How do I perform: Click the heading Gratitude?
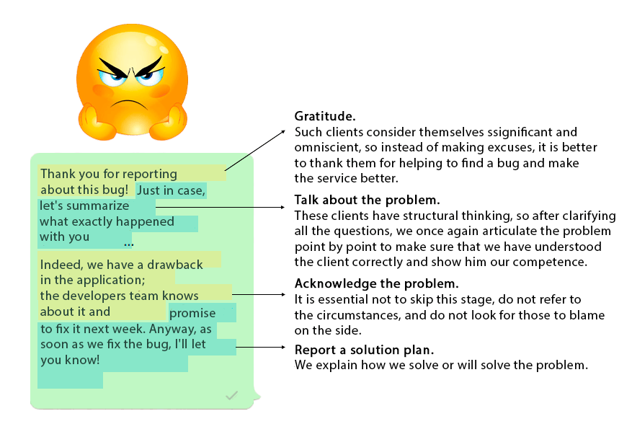pos(325,117)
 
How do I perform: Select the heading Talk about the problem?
pos(367,199)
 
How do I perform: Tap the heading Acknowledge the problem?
pos(376,283)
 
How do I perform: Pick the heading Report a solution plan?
pos(364,350)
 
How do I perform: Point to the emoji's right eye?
pos(150,76)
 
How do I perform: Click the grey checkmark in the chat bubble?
pos(231,395)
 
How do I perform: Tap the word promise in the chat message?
pos(192,313)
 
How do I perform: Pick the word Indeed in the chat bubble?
pos(60,265)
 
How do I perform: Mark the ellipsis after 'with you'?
pos(128,242)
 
